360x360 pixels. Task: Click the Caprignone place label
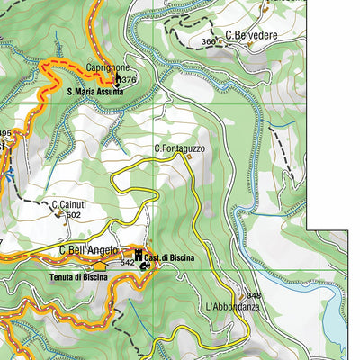[x=108, y=67]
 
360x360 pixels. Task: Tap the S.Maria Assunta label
[x=94, y=91]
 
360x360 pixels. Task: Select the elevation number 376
[x=129, y=80]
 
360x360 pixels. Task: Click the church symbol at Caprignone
[x=118, y=79]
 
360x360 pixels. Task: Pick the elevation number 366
[x=209, y=41]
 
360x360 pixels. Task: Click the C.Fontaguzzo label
[x=179, y=148]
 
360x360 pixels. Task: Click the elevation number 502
[x=74, y=215]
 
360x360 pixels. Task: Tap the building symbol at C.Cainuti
[x=59, y=214]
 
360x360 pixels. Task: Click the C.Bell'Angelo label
[x=88, y=250]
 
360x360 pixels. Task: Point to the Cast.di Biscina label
[x=170, y=257]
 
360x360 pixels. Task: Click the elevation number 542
[x=127, y=263]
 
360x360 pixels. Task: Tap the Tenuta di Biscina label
[x=78, y=277]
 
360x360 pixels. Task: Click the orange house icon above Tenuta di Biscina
[x=99, y=266]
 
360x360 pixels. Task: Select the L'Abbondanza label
[x=232, y=307]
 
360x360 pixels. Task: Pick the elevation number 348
[x=254, y=296]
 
